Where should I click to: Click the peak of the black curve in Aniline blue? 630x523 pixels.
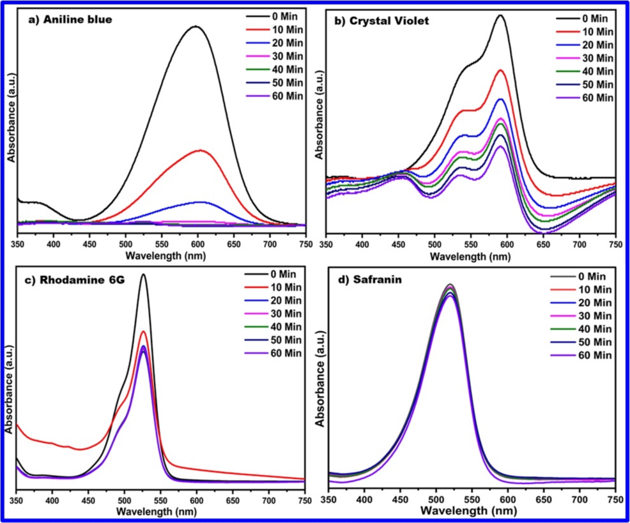pos(196,26)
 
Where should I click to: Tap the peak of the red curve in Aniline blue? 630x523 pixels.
pos(200,150)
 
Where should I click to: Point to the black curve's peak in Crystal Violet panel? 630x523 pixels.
pos(500,15)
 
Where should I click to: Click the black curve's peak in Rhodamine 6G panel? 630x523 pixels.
pos(143,275)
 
